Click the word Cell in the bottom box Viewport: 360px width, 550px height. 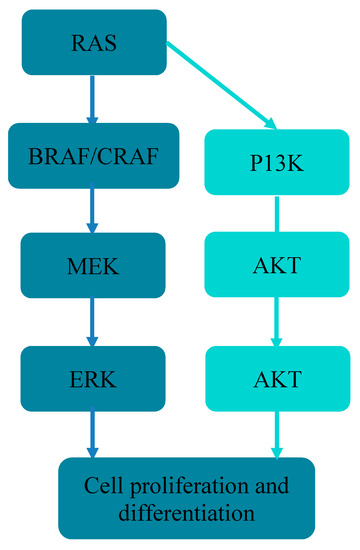(x=104, y=487)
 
